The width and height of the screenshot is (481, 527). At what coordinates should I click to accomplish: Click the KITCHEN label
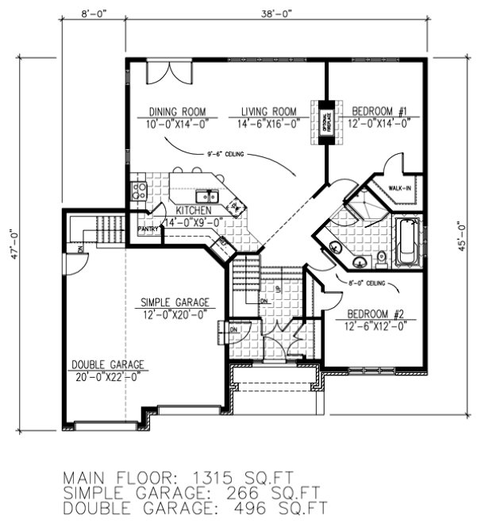click(193, 210)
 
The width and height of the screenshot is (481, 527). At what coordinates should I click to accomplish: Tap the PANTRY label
click(148, 229)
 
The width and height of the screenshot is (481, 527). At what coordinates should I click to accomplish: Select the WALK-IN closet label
click(399, 188)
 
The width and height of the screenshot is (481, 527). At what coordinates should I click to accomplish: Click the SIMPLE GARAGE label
click(175, 302)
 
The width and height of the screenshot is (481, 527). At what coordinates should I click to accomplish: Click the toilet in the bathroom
click(382, 257)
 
